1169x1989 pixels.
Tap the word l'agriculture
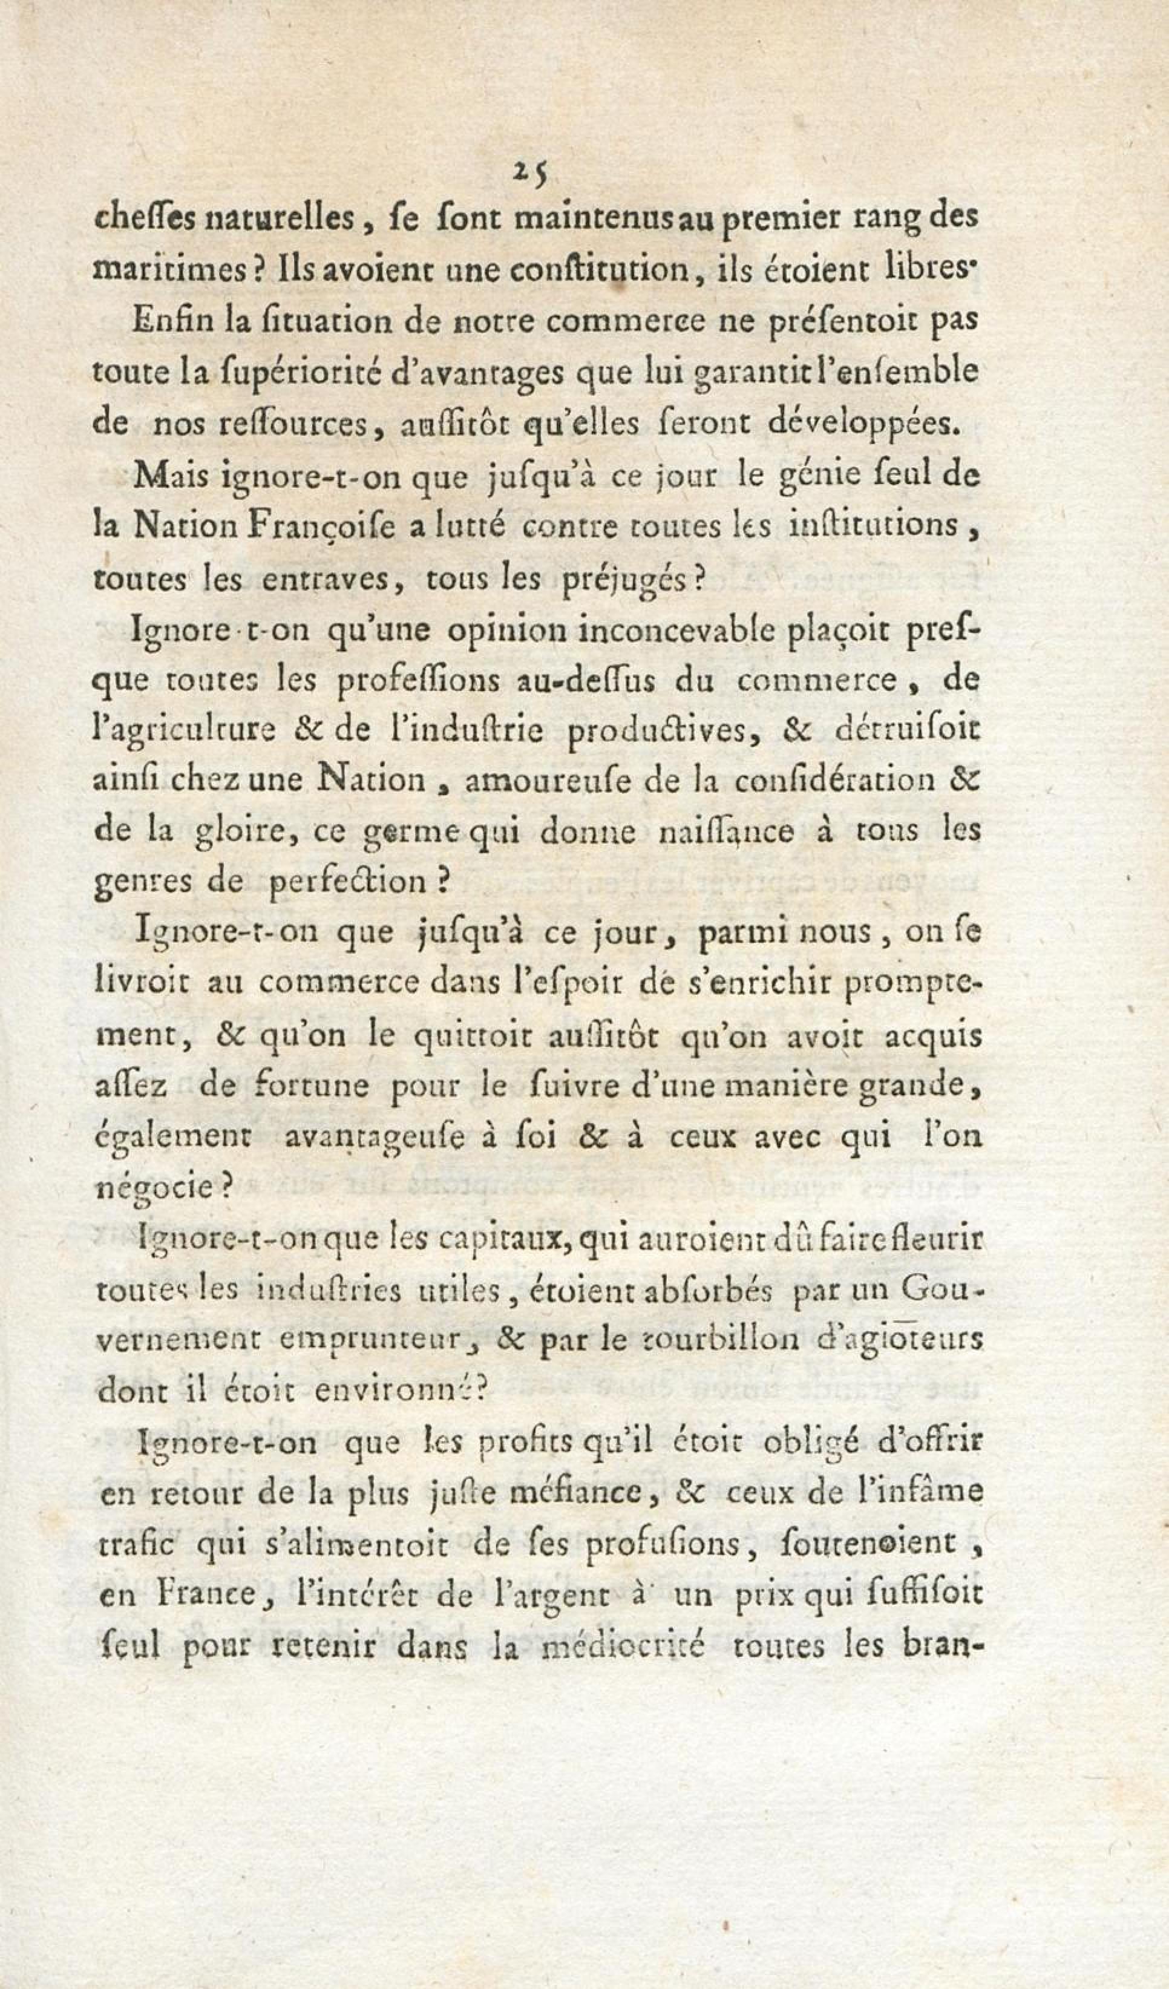185,730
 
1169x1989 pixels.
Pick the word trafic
137,1542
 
